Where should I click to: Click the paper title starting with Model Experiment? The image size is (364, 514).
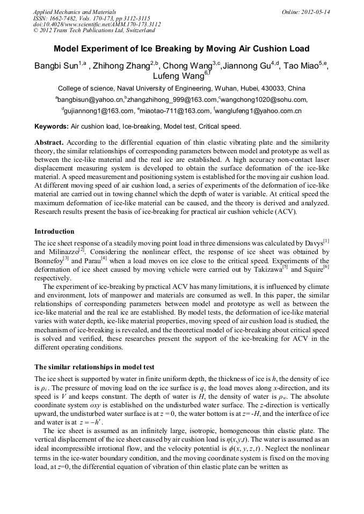(x=181, y=49)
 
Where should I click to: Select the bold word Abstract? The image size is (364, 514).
(x=49, y=143)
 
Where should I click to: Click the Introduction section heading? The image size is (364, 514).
(x=54, y=232)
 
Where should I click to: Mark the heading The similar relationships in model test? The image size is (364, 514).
(x=94, y=367)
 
